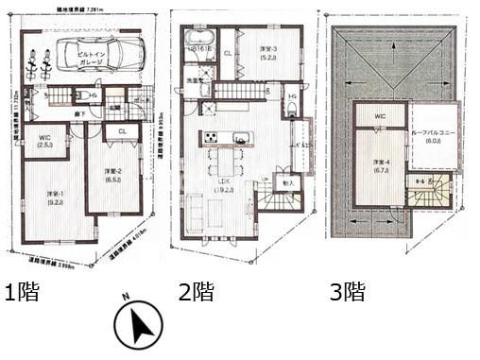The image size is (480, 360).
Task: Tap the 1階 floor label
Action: (x=24, y=292)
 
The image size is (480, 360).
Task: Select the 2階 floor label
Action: (x=197, y=292)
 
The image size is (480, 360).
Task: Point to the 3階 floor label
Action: (x=347, y=292)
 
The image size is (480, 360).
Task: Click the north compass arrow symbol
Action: (x=139, y=326)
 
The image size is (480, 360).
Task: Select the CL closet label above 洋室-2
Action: (x=123, y=145)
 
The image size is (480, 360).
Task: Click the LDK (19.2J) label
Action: (x=226, y=184)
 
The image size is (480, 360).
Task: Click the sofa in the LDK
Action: (x=195, y=212)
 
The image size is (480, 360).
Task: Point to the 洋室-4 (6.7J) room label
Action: (x=381, y=164)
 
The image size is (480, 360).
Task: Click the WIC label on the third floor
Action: (x=380, y=116)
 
